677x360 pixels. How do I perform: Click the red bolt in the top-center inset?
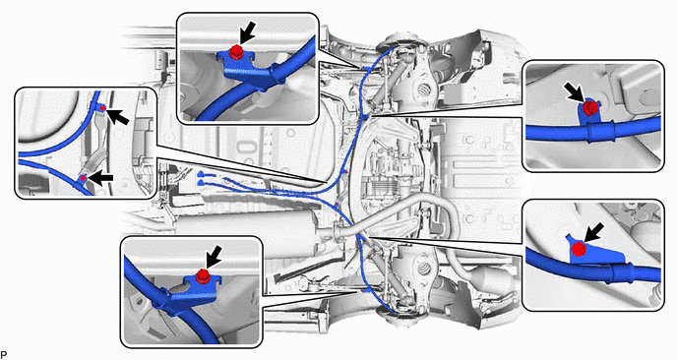pyautogui.click(x=235, y=52)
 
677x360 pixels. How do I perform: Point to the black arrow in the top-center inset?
pyautogui.click(x=247, y=31)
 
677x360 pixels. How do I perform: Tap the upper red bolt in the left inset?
pyautogui.click(x=102, y=108)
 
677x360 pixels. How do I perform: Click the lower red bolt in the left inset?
pyautogui.click(x=84, y=178)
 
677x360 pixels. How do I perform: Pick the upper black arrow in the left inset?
pyautogui.click(x=117, y=117)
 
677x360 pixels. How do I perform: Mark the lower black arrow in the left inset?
pyautogui.click(x=101, y=178)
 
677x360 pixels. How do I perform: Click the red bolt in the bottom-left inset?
pyautogui.click(x=203, y=275)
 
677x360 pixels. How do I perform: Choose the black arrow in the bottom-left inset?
pyautogui.click(x=214, y=257)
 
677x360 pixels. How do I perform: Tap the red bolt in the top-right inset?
pyautogui.click(x=588, y=108)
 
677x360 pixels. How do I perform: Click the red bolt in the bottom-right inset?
pyautogui.click(x=579, y=249)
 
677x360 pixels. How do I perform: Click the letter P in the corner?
pyautogui.click(x=4, y=354)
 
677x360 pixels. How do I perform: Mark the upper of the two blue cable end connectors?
pyautogui.click(x=201, y=174)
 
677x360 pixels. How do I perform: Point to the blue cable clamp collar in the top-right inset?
pyautogui.click(x=598, y=132)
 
